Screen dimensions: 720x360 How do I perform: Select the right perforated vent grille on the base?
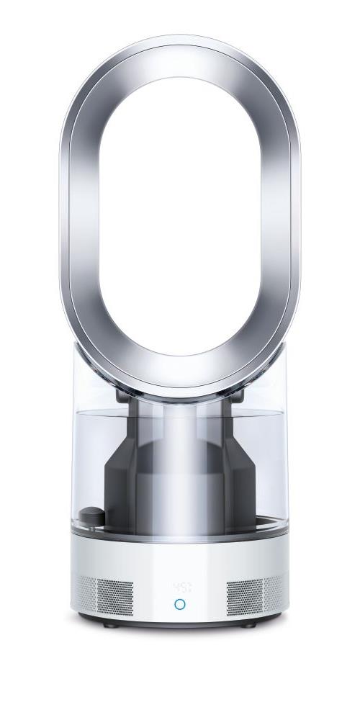(x=252, y=593)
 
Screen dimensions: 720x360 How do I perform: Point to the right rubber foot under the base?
(x=250, y=624)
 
